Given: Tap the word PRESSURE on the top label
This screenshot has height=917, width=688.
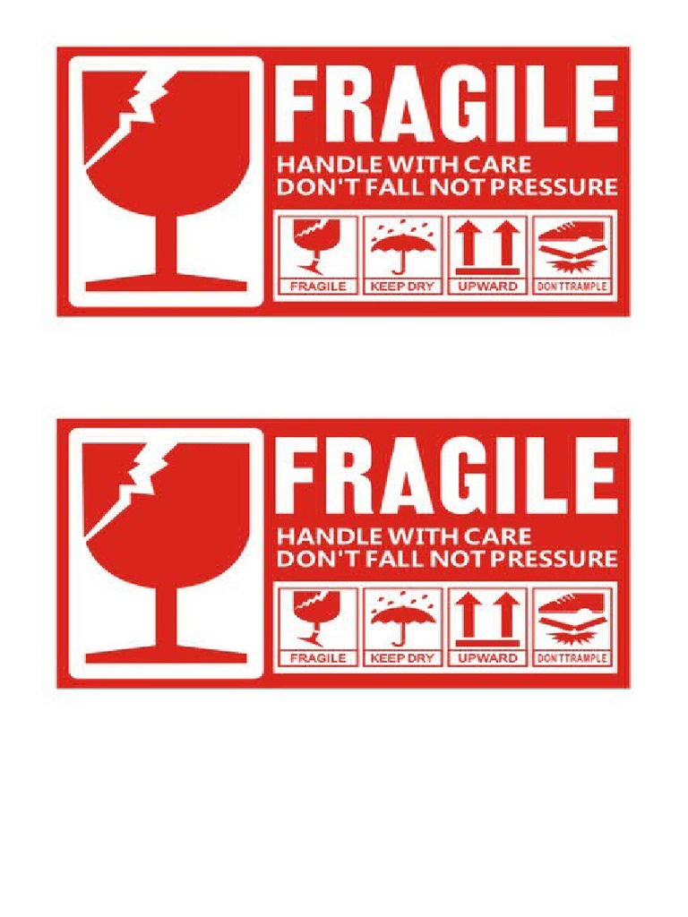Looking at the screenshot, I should point(563,187).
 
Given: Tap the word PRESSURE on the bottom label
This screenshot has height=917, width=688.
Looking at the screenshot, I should point(563,559).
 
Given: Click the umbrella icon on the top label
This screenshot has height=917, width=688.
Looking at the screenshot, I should point(403,245).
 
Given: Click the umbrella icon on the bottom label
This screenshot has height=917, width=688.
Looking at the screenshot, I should point(403,617).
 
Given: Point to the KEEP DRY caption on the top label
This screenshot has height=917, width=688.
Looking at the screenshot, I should point(403,287).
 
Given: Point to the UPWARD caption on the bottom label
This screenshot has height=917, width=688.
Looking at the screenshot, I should point(487,658).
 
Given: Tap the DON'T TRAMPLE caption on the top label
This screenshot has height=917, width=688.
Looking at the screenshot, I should point(572,287).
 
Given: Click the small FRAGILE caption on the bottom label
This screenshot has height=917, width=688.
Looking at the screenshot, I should point(317,658).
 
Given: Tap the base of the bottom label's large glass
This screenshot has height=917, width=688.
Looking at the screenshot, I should point(167,656).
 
